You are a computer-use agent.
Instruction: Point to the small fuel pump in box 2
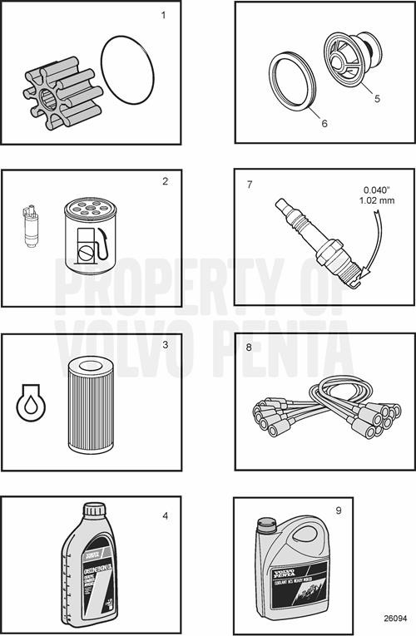coord(30,229)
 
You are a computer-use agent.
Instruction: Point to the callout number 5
coord(377,98)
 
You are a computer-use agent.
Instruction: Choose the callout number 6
coord(324,123)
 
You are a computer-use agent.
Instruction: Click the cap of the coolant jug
coord(266,525)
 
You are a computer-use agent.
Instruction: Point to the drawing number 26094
coord(395,619)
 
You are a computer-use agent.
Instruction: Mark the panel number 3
coord(166,344)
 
